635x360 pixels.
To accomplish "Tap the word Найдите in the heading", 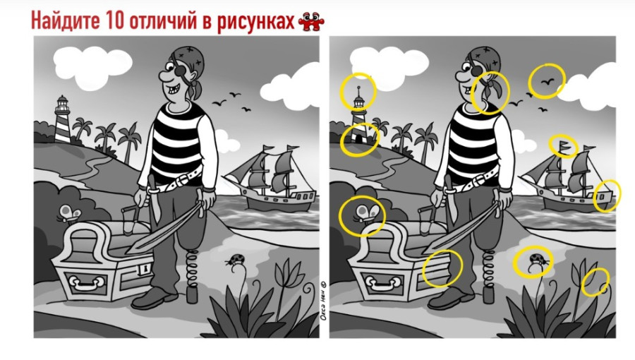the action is coord(65,20).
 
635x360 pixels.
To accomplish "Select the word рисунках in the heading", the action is coord(255,22).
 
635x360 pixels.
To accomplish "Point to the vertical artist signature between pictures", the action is coord(324,301).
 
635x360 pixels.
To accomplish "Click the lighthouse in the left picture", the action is coord(62,119).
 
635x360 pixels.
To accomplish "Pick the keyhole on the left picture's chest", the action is coord(144,268).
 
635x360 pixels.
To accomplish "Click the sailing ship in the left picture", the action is coord(271,178).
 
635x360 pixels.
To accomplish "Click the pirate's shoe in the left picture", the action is coord(155,298).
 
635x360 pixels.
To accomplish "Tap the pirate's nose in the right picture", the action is coord(461,75).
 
